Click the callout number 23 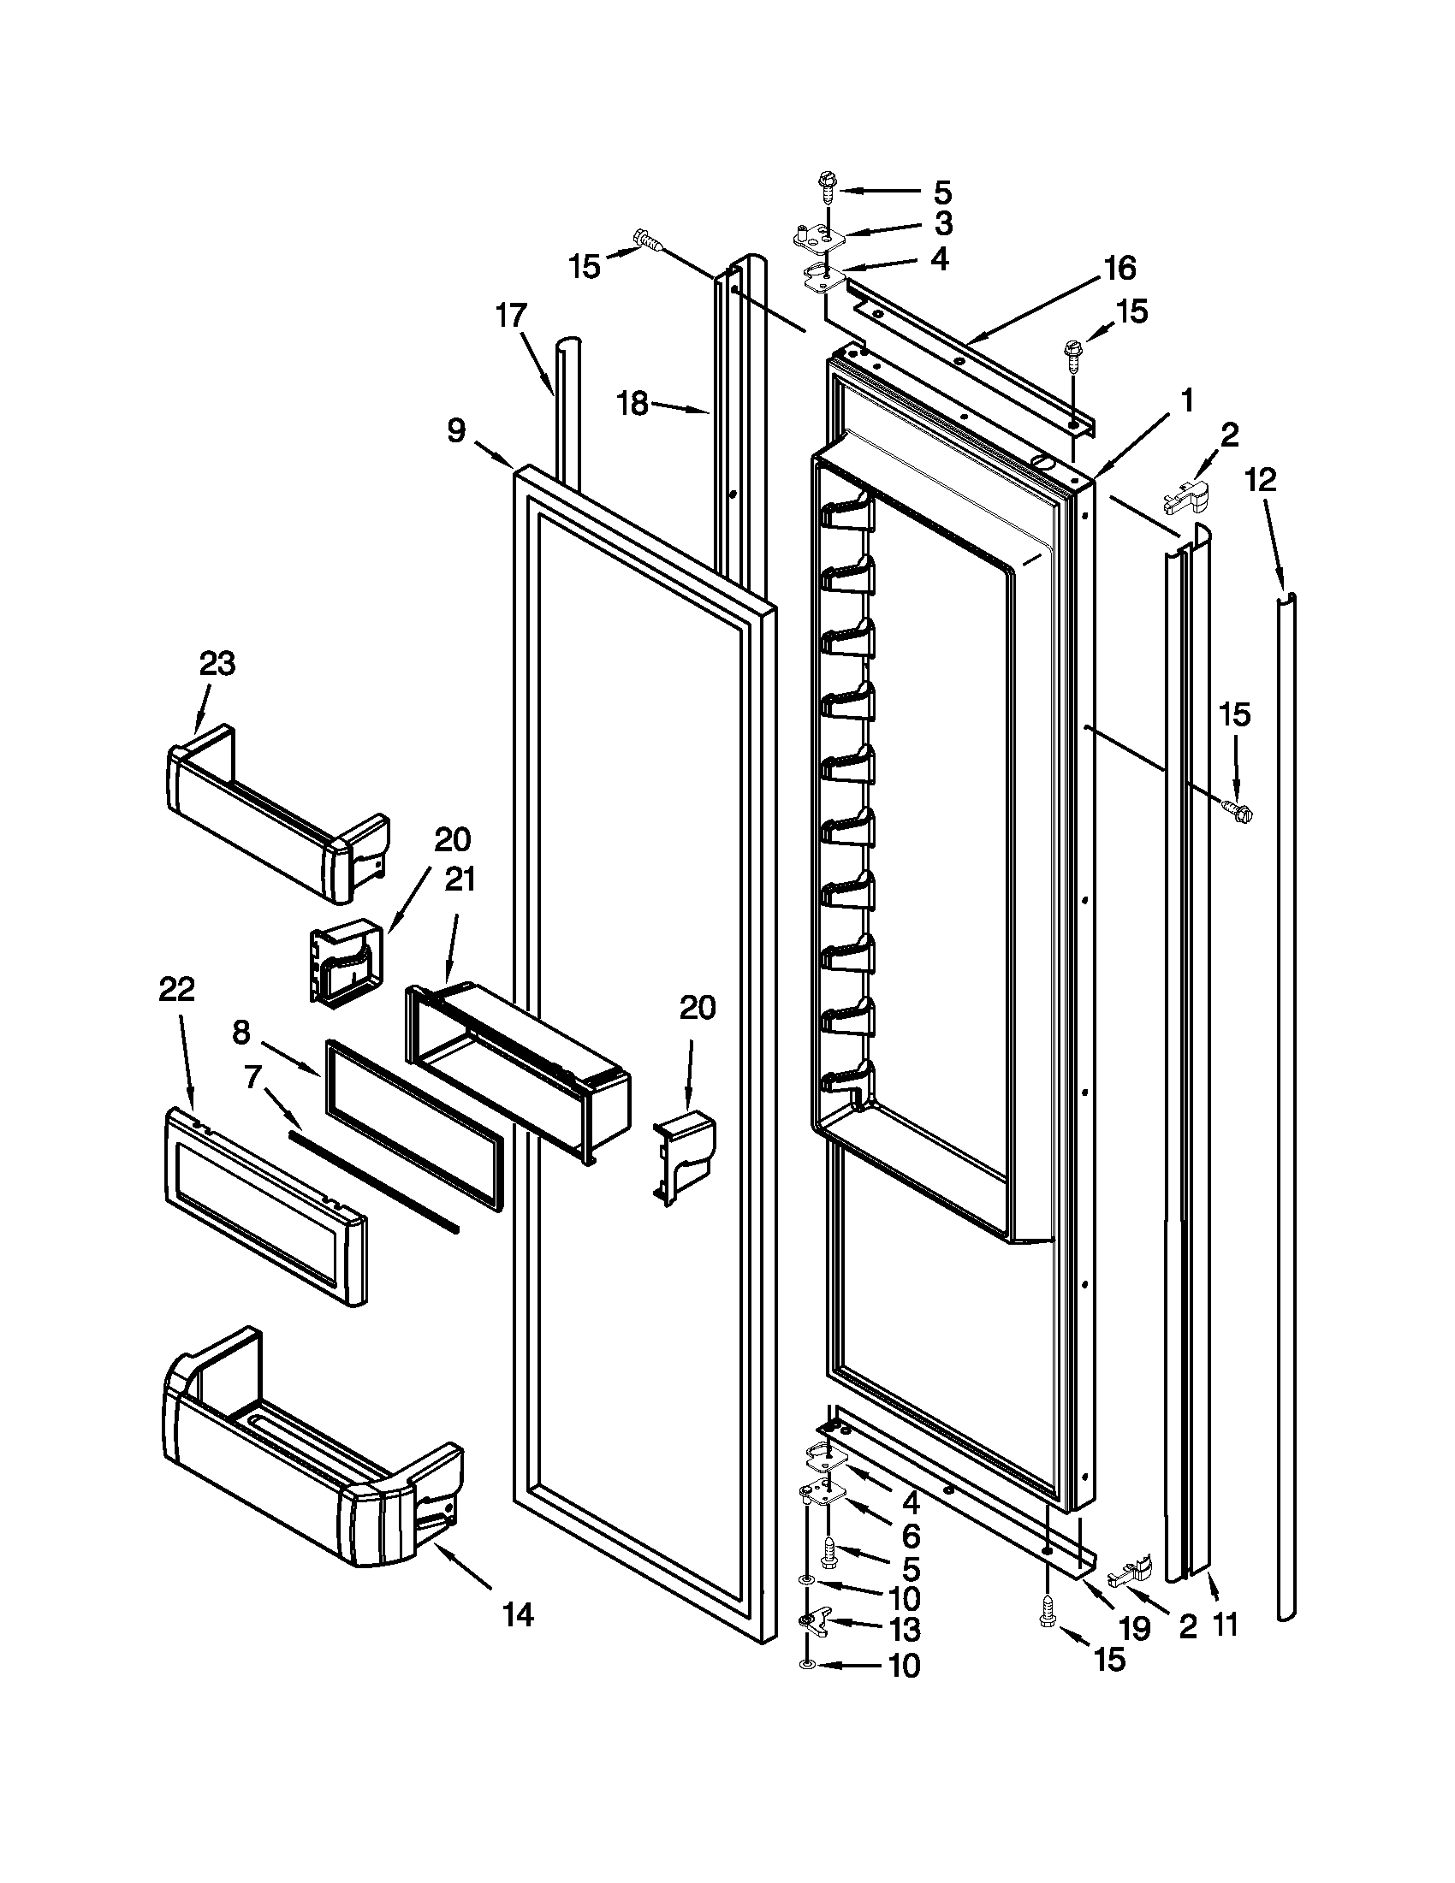(x=217, y=664)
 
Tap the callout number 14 (x=518, y=1615)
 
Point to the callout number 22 (x=176, y=989)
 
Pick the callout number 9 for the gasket (x=456, y=430)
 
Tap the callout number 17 (x=511, y=316)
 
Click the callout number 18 (x=634, y=404)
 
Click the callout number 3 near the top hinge (x=943, y=223)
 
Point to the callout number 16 (x=1119, y=268)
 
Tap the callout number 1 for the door (x=1187, y=400)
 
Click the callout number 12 (x=1261, y=479)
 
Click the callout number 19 (x=1134, y=1628)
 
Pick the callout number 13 (x=905, y=1630)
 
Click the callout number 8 (x=241, y=1031)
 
